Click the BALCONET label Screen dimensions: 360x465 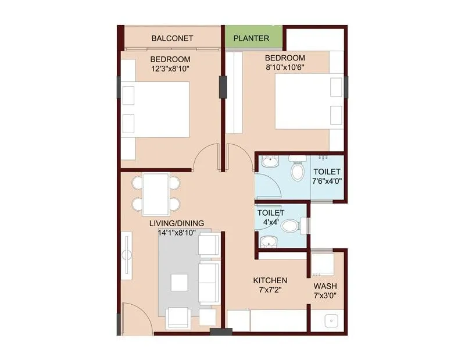(172, 38)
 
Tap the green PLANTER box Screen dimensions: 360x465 (251, 38)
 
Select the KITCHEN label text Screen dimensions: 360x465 (269, 280)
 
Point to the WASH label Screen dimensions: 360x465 (325, 287)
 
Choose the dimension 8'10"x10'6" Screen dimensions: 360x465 (285, 67)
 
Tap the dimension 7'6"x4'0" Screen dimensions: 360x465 (327, 181)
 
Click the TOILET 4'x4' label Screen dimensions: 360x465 (270, 217)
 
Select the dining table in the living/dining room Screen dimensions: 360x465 (156, 194)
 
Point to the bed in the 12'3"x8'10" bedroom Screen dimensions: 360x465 (157, 109)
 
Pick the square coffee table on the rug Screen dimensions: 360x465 (179, 281)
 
